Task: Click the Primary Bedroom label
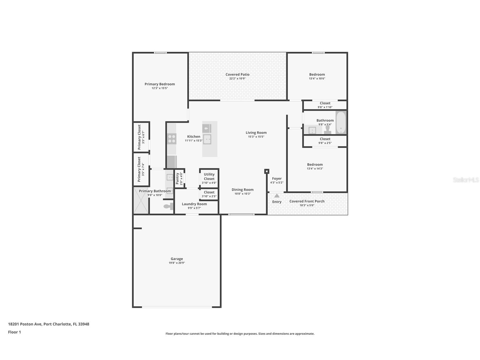[160, 84]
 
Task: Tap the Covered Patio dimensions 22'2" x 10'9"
[237, 79]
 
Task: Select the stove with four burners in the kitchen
[172, 139]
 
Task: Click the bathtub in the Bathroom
[341, 123]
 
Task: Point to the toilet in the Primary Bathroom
[169, 206]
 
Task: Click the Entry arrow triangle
[277, 196]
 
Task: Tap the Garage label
[177, 259]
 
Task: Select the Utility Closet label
[209, 177]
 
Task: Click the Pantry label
[177, 179]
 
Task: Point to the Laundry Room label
[194, 204]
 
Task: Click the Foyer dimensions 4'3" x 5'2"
[277, 183]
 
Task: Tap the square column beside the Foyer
[267, 171]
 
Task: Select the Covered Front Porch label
[307, 201]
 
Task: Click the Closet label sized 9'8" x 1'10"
[325, 103]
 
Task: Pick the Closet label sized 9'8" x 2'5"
[325, 139]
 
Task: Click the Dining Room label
[242, 190]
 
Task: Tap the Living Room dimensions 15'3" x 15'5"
[256, 137]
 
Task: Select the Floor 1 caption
[14, 332]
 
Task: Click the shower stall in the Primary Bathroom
[141, 201]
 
